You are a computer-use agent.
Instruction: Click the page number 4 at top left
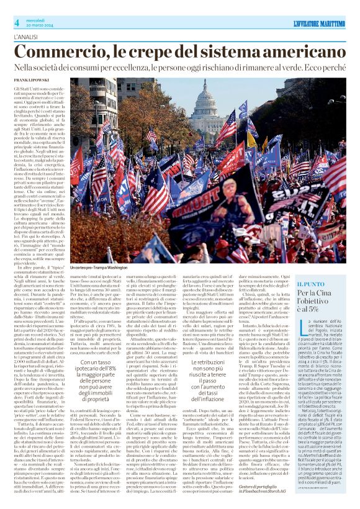tap(16, 23)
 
